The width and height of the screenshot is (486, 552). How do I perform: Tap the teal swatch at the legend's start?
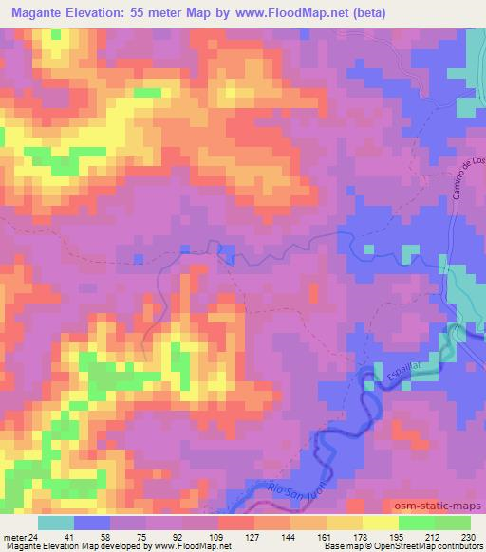[x=56, y=523]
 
